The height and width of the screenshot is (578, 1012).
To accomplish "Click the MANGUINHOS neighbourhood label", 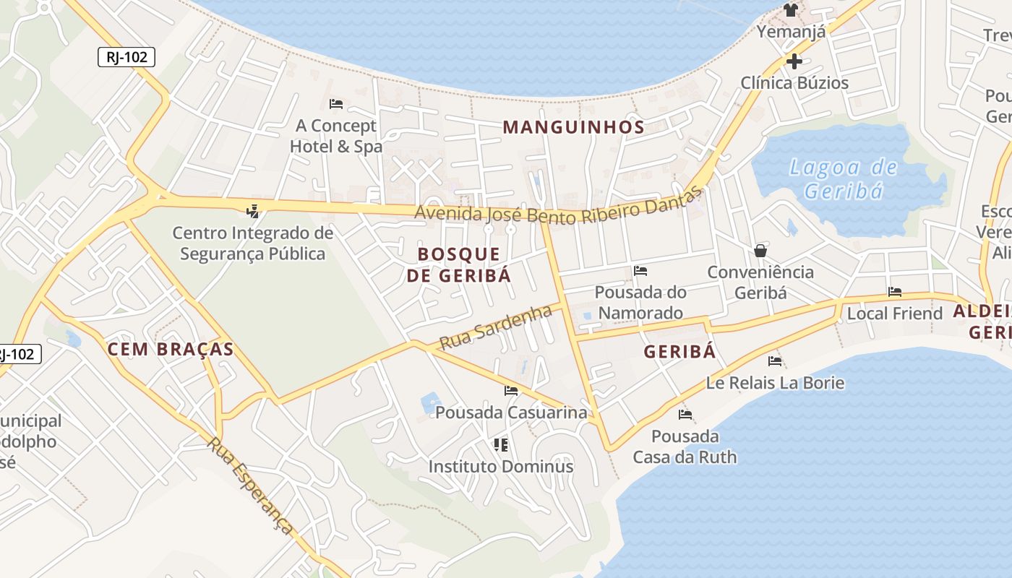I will [573, 128].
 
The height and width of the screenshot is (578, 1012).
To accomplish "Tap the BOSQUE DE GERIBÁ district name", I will [459, 264].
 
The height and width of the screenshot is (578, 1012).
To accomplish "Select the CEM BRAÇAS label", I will [171, 350].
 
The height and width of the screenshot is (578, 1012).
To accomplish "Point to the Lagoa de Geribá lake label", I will [844, 179].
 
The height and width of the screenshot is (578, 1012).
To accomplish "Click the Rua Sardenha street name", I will [496, 327].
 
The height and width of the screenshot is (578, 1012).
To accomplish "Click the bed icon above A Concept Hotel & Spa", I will [336, 104].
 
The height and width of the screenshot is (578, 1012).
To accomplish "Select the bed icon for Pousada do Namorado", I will [640, 272].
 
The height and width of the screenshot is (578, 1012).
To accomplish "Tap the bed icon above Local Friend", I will [895, 293].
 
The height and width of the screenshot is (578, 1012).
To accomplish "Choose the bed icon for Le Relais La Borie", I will [776, 361].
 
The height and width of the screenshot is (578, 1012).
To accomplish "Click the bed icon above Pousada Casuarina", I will [511, 391].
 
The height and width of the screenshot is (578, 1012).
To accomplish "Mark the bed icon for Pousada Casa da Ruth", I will [685, 415].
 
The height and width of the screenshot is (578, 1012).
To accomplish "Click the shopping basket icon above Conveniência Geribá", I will [760, 251].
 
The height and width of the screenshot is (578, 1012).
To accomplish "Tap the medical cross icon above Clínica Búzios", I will [794, 61].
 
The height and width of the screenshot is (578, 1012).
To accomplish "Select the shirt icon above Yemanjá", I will [791, 10].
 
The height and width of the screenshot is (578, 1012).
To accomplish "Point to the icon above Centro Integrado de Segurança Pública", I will [252, 211].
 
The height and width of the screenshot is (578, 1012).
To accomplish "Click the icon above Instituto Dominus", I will [500, 444].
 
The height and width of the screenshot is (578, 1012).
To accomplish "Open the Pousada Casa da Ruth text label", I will [685, 447].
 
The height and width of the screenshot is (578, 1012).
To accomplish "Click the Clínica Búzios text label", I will [794, 83].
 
